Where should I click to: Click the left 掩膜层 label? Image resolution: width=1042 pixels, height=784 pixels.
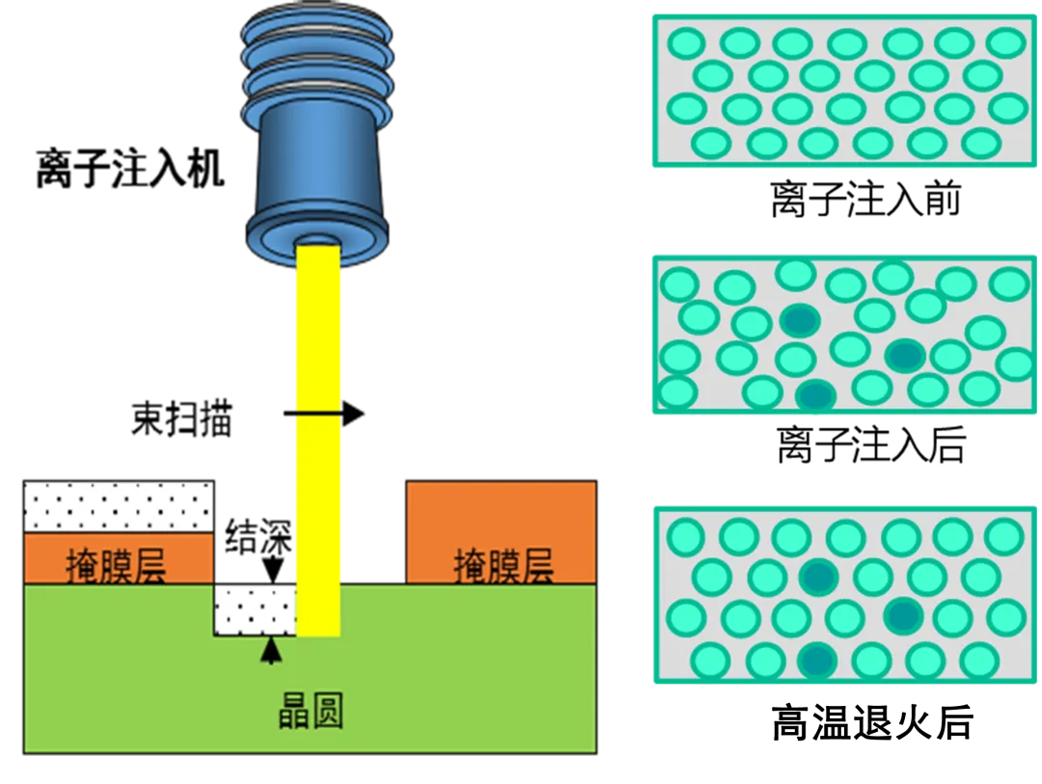point(116,567)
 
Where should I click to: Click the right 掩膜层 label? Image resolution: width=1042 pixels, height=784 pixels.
point(504,567)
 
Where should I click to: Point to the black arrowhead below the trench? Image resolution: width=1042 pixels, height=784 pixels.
point(272,651)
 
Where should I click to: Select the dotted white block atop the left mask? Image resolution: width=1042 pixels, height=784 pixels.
point(118,506)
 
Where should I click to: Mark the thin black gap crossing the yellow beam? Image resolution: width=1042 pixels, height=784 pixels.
point(318,414)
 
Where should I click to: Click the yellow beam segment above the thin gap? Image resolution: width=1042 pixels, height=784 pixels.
point(318,328)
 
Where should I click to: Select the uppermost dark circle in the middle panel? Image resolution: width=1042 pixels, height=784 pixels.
point(800,320)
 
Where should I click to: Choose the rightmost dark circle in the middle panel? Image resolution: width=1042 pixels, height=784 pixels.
point(904,356)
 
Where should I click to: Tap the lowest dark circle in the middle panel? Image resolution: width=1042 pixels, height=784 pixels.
point(816,394)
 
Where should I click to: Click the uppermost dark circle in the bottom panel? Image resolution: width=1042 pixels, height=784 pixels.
point(819,577)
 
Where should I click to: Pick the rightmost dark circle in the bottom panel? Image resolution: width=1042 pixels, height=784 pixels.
point(903,615)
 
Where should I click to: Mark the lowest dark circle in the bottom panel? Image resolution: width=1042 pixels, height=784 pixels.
point(816,661)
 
